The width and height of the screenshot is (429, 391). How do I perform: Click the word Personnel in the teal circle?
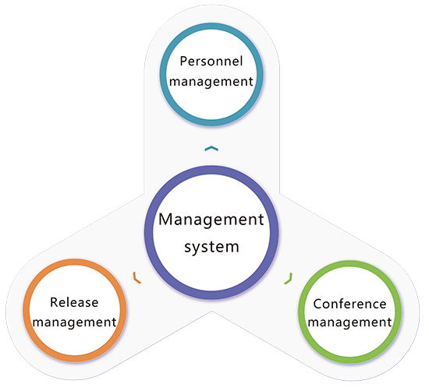[211, 61]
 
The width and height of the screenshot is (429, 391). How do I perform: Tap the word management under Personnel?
[211, 82]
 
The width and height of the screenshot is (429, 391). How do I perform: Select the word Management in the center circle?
[211, 220]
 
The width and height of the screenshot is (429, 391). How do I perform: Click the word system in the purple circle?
[211, 247]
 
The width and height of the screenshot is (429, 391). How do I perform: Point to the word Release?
[74, 302]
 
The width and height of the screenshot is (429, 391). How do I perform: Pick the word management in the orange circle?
[74, 322]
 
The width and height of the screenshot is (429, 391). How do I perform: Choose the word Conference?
[349, 304]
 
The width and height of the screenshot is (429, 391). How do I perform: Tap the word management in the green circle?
[349, 322]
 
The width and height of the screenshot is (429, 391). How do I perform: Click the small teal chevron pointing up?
[211, 148]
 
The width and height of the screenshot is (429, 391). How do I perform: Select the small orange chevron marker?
[136, 278]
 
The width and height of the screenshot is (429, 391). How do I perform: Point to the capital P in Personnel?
[183, 61]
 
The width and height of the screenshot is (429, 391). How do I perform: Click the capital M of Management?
[166, 219]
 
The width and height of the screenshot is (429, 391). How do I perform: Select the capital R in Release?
[54, 302]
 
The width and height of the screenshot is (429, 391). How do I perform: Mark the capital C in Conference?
[317, 304]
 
